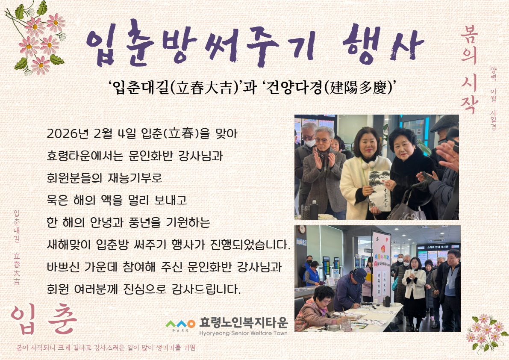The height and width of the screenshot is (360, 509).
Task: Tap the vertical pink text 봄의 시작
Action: coord(469,68)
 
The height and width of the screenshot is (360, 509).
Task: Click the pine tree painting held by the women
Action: coord(379,190)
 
